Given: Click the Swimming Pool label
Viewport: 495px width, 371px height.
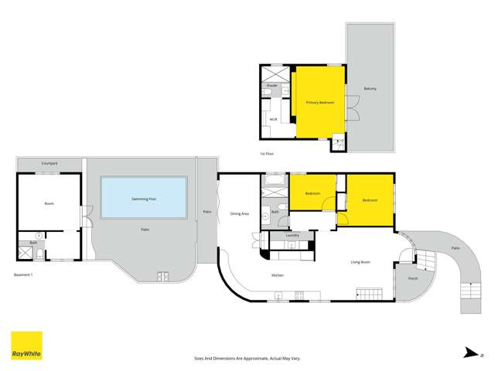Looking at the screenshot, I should pos(144,199).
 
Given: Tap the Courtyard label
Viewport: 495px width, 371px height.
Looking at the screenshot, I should pos(49,164).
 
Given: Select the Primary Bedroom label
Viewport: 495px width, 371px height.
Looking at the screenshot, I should pos(319,102).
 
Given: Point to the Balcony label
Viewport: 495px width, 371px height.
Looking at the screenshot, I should pos(370,89).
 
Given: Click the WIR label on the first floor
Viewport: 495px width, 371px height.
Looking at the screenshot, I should pos(273,119).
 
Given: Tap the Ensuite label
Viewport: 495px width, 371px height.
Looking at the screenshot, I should pos(272,86).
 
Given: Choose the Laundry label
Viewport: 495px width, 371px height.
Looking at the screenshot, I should pos(292,235).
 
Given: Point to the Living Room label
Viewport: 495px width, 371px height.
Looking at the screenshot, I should pos(360,262).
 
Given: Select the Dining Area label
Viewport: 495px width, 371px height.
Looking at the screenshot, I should pos(240,213).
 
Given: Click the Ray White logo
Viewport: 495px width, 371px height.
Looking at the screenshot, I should pos(26,345).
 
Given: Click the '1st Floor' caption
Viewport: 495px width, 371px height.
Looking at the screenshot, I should pos(267,154).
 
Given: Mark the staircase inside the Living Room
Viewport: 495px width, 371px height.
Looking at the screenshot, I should pos(369,293).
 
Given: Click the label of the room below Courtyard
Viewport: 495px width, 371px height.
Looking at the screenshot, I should pos(49,203).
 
